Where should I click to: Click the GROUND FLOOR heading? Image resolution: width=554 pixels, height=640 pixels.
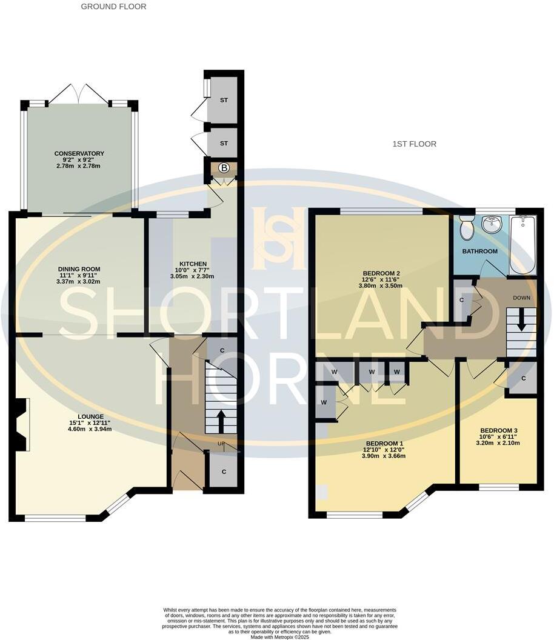113,7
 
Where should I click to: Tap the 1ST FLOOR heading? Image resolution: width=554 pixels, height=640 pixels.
414,144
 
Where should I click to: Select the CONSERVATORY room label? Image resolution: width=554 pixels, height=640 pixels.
79,153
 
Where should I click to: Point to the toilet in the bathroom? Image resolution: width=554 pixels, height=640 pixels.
467,228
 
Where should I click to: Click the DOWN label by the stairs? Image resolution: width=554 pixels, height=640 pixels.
521,298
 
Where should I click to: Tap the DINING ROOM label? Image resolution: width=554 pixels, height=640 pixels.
79,269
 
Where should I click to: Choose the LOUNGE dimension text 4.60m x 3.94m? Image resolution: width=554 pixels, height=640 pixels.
90,429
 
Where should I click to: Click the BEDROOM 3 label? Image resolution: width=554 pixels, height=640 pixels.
498,430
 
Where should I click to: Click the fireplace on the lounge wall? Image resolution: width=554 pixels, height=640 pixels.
21,424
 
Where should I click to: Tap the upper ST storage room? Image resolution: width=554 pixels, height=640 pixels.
224,100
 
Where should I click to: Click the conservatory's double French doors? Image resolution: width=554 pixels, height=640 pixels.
79,94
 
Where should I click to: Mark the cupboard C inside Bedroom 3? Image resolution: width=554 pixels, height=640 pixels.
521,379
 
